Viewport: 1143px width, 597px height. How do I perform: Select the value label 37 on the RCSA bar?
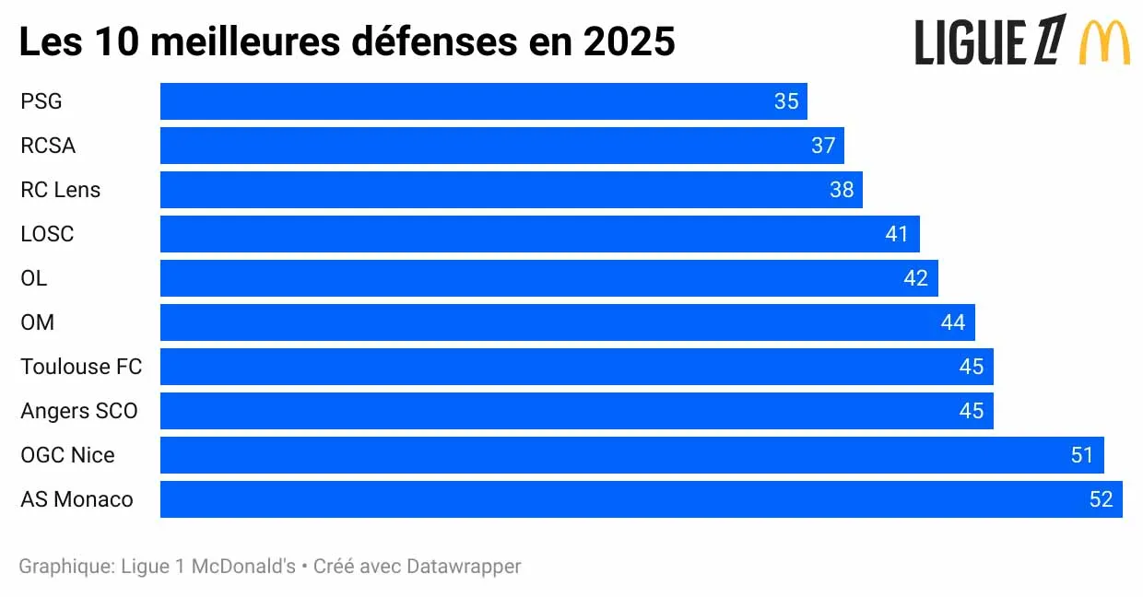(x=823, y=146)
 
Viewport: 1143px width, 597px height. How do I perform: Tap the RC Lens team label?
(x=61, y=190)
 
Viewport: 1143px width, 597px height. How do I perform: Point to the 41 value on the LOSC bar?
(x=897, y=234)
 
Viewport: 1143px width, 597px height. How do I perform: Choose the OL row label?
(x=34, y=278)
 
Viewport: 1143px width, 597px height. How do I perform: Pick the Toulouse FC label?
(x=81, y=367)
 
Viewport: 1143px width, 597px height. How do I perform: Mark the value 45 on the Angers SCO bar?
(x=971, y=411)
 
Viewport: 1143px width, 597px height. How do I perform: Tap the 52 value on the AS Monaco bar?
(x=1101, y=499)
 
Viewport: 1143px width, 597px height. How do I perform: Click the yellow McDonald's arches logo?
(x=1104, y=42)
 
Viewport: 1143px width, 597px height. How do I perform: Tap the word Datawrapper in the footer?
(x=464, y=566)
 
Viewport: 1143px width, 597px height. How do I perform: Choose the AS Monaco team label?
(x=77, y=499)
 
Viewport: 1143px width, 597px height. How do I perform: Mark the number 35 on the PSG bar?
(x=786, y=101)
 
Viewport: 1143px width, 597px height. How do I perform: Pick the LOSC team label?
(x=47, y=234)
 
